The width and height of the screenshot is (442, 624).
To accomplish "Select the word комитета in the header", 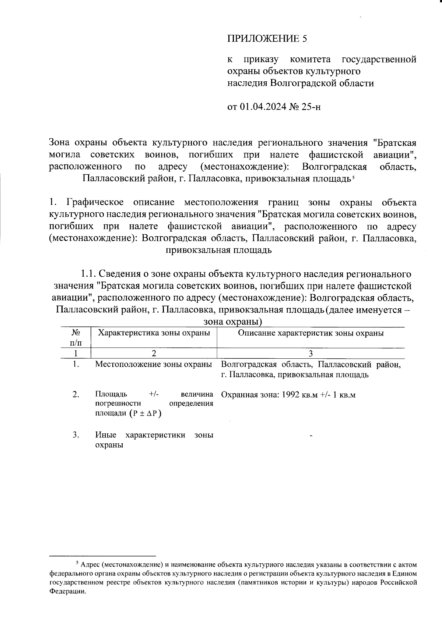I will (310, 59).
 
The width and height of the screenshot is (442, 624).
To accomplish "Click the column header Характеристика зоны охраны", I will (154, 333).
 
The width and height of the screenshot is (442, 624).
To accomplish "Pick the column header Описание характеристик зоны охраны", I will (311, 333).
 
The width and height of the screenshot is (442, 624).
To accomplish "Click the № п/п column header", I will (76, 338).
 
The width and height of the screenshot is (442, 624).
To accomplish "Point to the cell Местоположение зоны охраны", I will (154, 365).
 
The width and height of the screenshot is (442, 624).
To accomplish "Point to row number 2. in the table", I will (76, 395).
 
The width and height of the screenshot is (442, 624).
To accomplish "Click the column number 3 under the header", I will (311, 354).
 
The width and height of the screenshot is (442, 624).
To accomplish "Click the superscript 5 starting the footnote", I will (77, 563).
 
